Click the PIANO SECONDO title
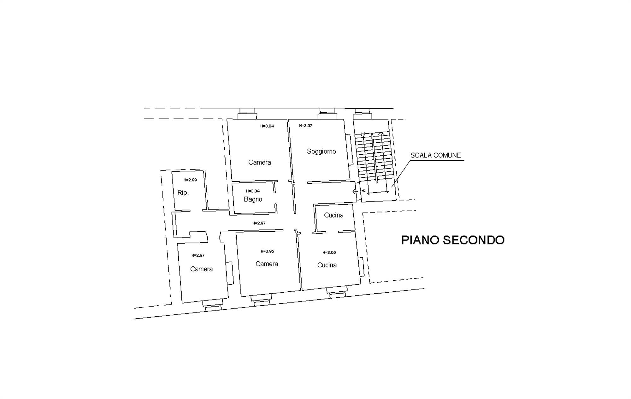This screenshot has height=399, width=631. coord(453,240)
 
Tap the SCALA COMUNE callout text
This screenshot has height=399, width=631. coord(435,155)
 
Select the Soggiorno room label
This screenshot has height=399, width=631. coord(321,152)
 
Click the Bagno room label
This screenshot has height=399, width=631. coord(253,199)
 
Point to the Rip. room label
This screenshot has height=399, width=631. coord(183,193)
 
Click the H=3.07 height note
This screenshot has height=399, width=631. coord(306,126)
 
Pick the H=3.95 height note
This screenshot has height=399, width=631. coord(267,251)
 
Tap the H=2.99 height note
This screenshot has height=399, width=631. coord(190,180)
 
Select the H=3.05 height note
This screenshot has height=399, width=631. coord(329,253)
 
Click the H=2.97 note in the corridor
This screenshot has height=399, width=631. coord(259,223)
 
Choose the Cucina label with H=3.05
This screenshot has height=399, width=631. coord(327,265)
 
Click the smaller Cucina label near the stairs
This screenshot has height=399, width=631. coord(334,215)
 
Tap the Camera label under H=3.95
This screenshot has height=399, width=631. coord(267,264)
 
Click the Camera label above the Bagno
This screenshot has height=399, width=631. coord(259,163)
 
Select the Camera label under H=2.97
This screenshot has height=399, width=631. coord(201,269)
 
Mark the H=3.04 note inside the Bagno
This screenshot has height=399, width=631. coord(253,191)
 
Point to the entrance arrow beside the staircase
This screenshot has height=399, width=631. coord(359,191)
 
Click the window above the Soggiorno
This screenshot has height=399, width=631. coord(327,114)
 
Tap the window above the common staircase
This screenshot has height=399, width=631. coord(362,114)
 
